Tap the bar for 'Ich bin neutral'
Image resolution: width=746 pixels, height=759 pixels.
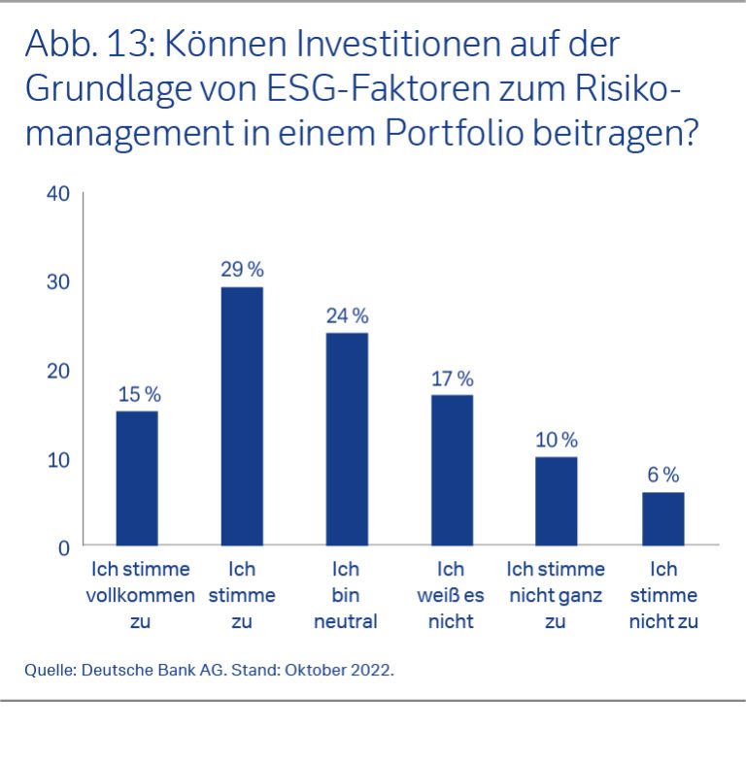tap(347, 439)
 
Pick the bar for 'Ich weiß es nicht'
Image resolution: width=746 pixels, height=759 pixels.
tap(452, 470)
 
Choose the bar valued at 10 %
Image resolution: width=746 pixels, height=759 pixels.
tap(556, 501)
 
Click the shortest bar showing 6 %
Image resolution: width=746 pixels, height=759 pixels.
tap(663, 518)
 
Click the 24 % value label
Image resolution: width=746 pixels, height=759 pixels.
tap(348, 316)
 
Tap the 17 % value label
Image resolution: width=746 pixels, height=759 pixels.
tap(452, 379)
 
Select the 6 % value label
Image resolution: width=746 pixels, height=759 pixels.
tap(663, 476)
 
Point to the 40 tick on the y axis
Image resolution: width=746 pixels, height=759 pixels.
tap(58, 193)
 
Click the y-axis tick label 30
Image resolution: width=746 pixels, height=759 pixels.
tap(58, 282)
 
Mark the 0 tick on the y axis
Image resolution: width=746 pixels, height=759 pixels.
tap(64, 547)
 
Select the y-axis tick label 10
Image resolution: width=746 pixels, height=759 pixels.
tap(58, 459)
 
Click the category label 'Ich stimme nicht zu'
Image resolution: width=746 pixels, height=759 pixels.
tap(663, 595)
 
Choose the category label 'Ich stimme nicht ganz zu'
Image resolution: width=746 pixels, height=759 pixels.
tap(556, 595)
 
